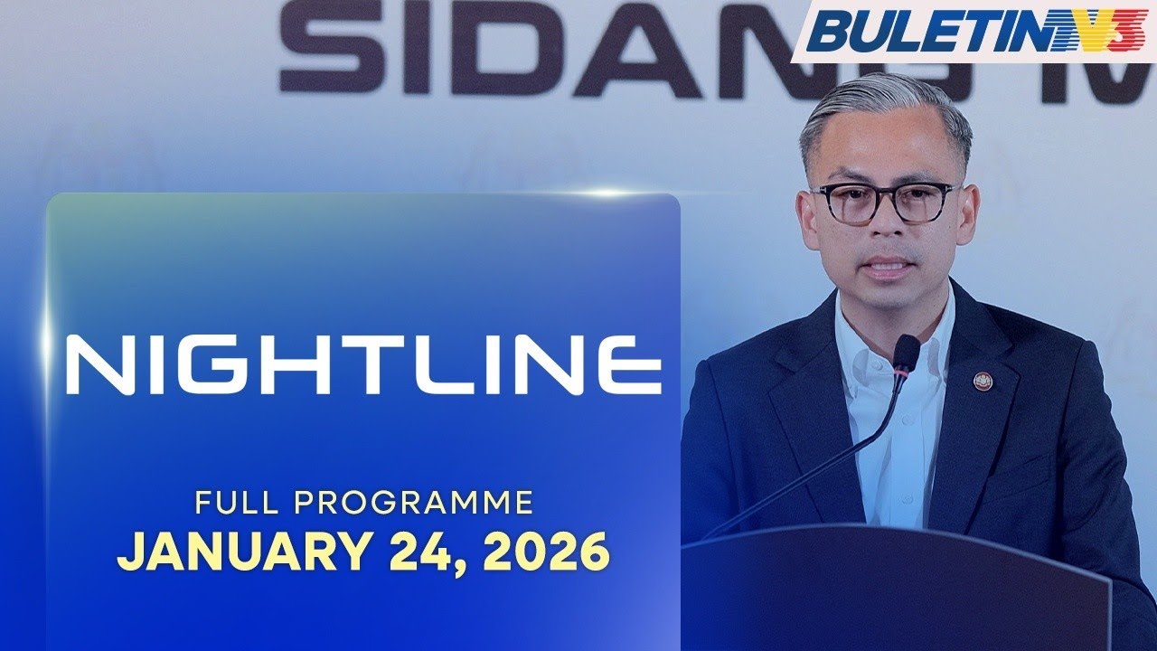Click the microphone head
pyautogui.click(x=906, y=353)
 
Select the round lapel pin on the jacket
pyautogui.click(x=983, y=381)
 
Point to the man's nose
pyautogui.click(x=883, y=231)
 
